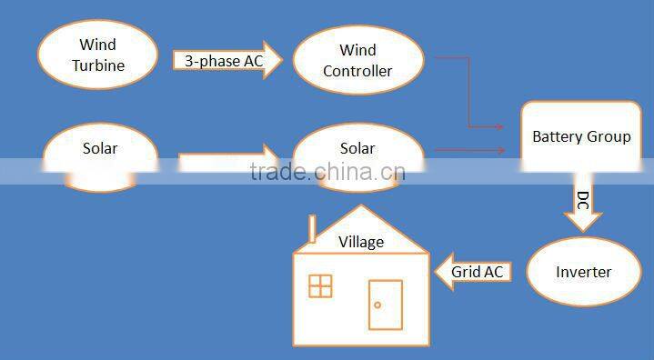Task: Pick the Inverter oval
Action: click(583, 272)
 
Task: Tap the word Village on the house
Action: click(361, 242)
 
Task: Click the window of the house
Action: click(320, 285)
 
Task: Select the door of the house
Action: click(386, 305)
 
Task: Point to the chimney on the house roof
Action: click(310, 230)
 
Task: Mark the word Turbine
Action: click(98, 65)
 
